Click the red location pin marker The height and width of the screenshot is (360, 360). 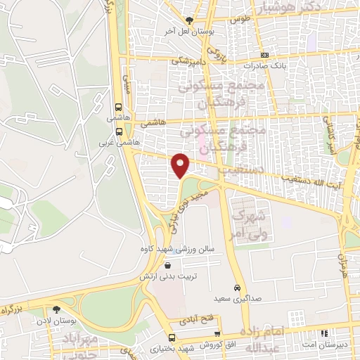tap(181, 165)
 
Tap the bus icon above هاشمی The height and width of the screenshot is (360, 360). tap(117, 108)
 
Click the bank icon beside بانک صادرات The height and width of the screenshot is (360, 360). tap(264, 54)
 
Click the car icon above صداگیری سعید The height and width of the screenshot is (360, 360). tap(238, 288)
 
